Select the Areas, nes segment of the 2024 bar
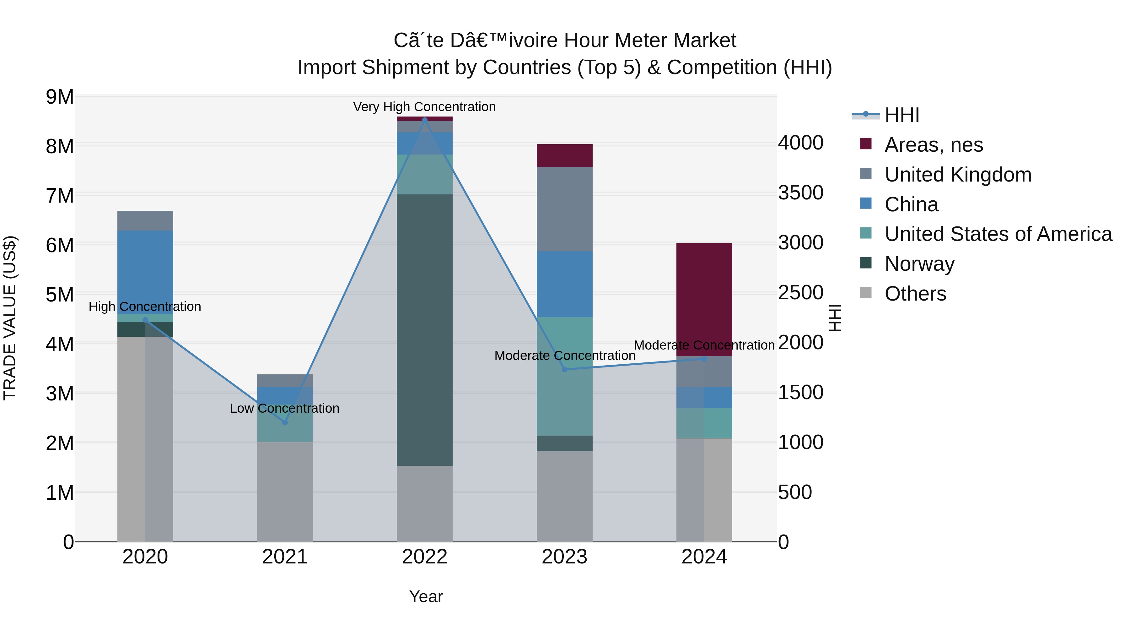coord(704,299)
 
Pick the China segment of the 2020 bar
coord(145,272)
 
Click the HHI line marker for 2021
coord(285,422)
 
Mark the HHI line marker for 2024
coord(704,359)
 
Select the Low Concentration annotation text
coord(285,408)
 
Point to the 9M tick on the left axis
coord(60,96)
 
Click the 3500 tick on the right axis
coord(800,193)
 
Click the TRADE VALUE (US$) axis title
coord(10,318)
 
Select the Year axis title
coord(426,596)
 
